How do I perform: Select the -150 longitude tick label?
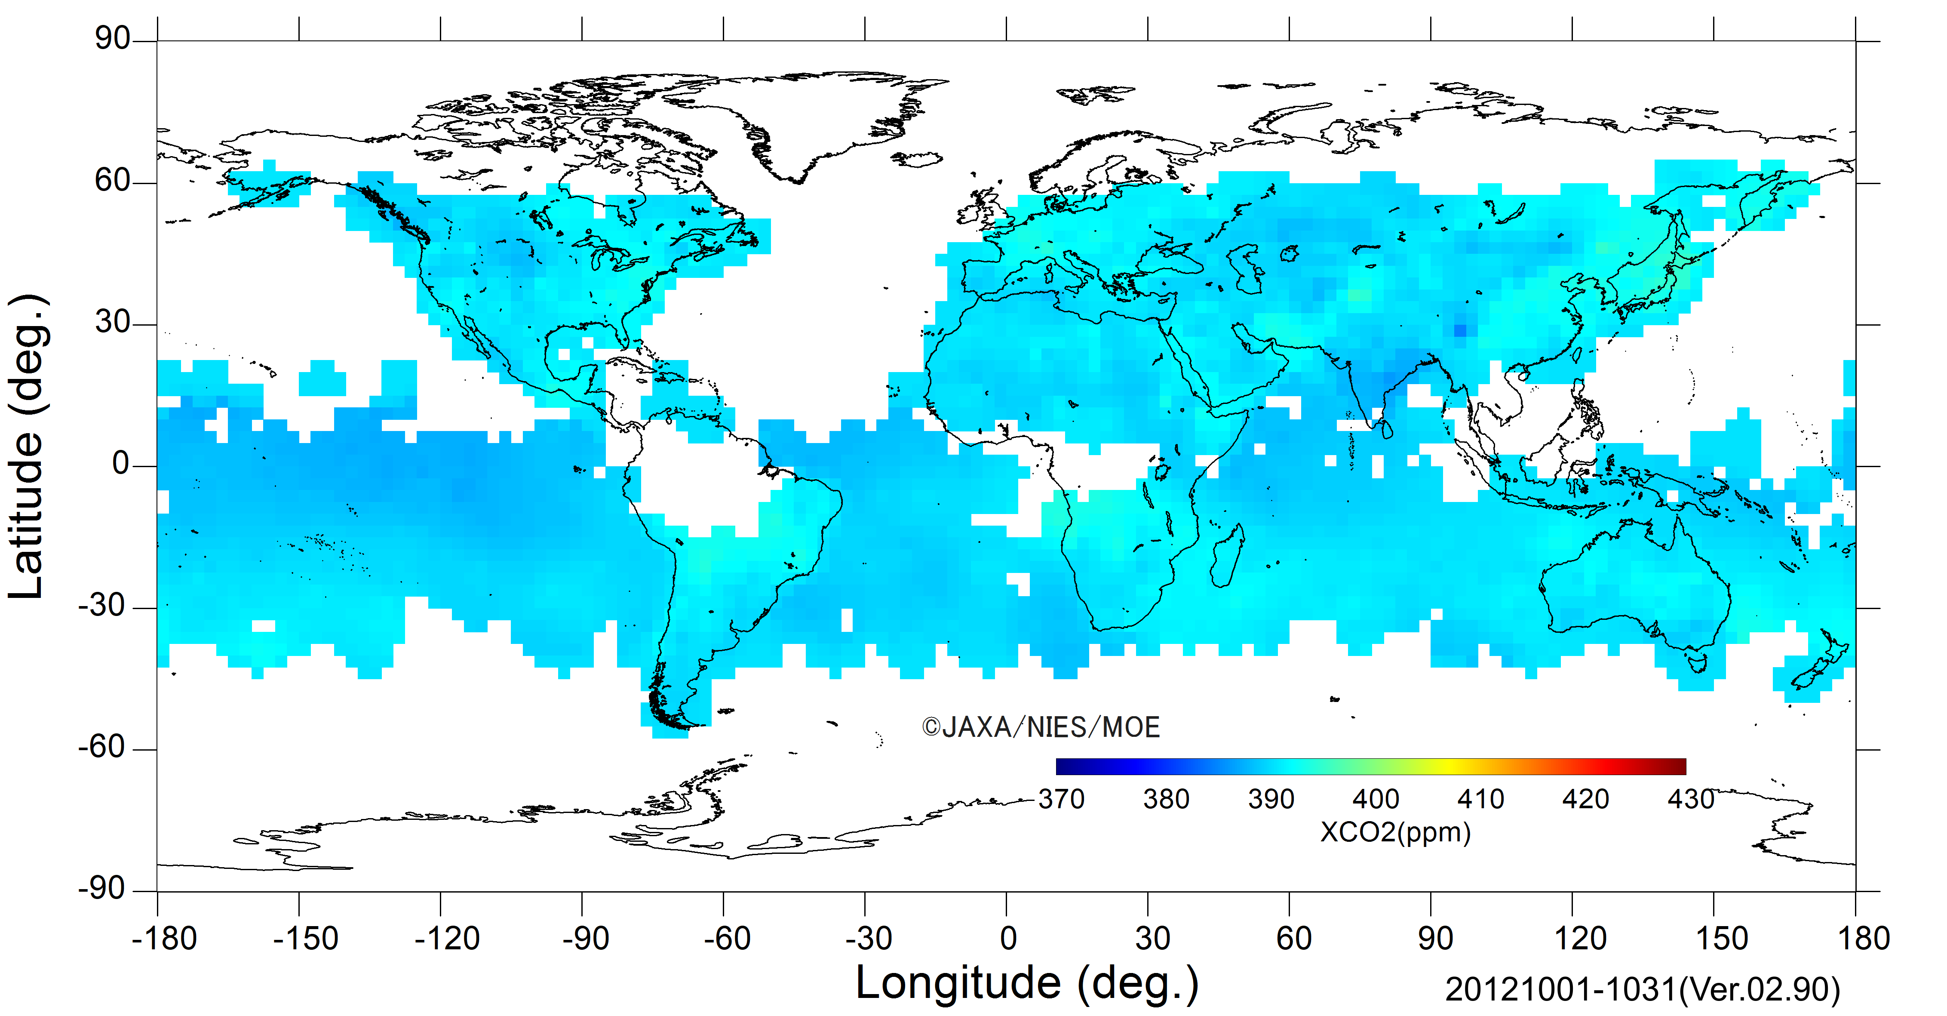pyautogui.click(x=305, y=939)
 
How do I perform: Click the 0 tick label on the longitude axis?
pyautogui.click(x=1007, y=939)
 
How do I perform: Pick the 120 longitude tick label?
pyautogui.click(x=1580, y=939)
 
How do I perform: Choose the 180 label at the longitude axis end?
pyautogui.click(x=1863, y=939)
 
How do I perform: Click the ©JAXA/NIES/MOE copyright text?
pyautogui.click(x=1041, y=727)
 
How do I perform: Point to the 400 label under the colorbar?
pyautogui.click(x=1376, y=799)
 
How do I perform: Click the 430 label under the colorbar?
pyautogui.click(x=1691, y=799)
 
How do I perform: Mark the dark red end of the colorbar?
pyautogui.click(x=1680, y=767)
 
